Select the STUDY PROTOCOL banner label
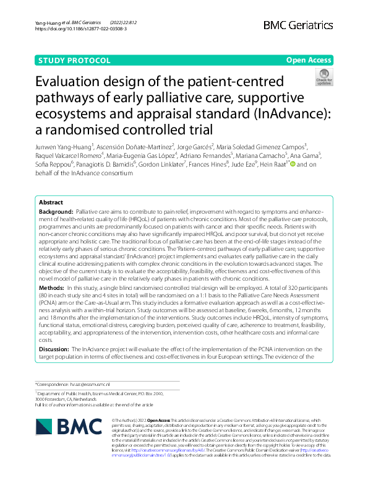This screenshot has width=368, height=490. pos(74,61)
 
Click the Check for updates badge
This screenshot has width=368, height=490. pos(323,79)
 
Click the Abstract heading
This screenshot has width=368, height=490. pos(51,203)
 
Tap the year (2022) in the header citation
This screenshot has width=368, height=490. pos(119,22)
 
